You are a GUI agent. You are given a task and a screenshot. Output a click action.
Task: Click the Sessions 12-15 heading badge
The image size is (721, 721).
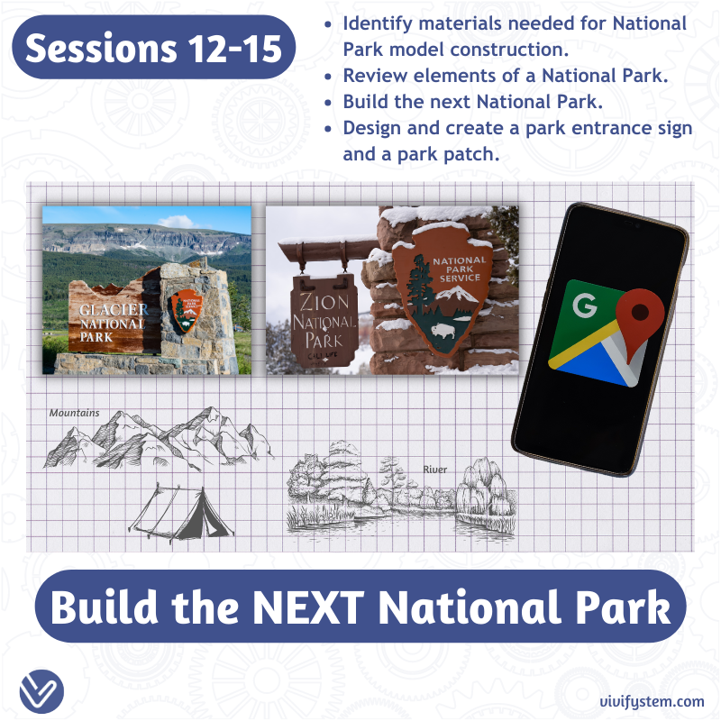[154, 48]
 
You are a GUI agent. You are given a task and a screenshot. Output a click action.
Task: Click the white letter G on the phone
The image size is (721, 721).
[585, 306]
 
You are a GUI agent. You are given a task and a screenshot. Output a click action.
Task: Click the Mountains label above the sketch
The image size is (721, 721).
[74, 413]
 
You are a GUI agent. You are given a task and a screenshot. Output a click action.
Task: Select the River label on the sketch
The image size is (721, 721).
[435, 469]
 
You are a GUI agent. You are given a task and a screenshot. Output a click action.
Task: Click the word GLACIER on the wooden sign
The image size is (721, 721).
[106, 310]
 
